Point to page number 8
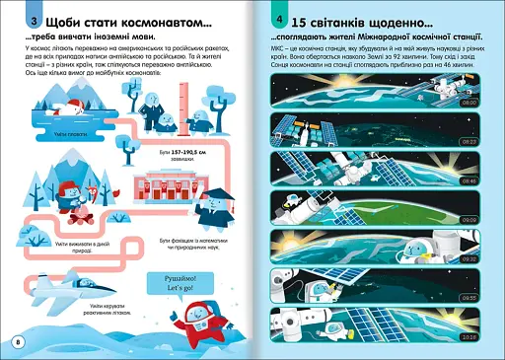(16, 340)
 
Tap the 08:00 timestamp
(469, 101)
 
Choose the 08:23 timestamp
(469, 141)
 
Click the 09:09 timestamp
(469, 220)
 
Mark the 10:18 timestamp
(469, 335)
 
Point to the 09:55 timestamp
(469, 297)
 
